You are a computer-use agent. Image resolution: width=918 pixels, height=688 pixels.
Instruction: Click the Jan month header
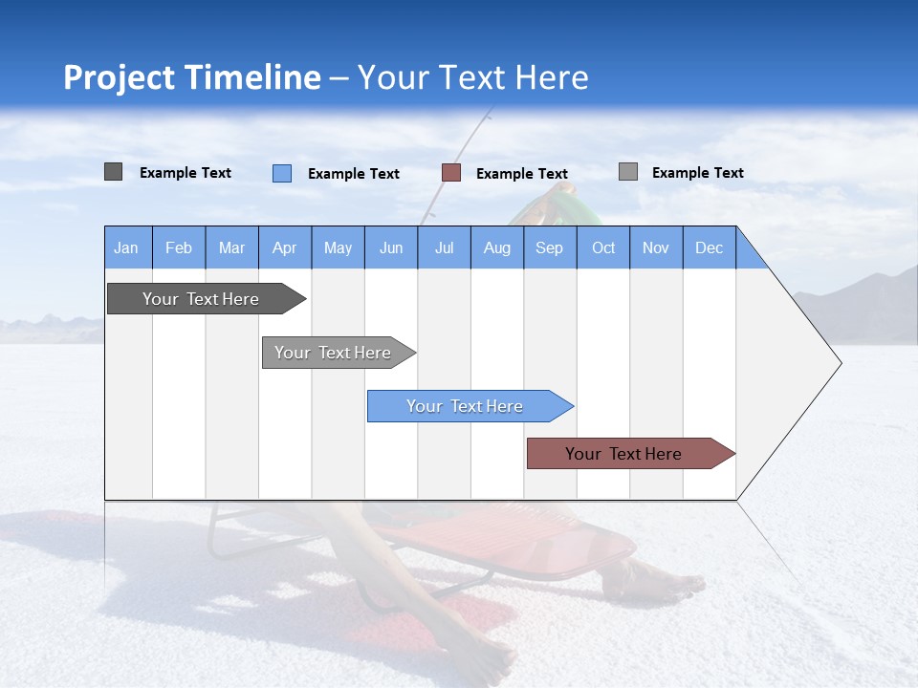[x=126, y=248]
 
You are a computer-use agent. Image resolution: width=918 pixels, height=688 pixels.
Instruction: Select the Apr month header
[x=285, y=248]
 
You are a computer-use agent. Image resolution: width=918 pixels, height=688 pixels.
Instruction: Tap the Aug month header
[x=496, y=248]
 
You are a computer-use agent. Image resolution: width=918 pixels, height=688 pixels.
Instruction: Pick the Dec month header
[x=709, y=248]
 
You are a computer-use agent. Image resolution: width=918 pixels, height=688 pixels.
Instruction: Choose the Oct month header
[x=603, y=248]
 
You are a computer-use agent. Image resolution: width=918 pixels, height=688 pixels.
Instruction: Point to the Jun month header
[x=391, y=248]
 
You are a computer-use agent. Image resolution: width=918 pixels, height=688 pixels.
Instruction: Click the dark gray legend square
[x=113, y=172]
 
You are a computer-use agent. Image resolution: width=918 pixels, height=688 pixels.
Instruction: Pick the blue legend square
[x=281, y=173]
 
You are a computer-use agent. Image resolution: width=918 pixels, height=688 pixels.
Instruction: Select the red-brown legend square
[x=451, y=173]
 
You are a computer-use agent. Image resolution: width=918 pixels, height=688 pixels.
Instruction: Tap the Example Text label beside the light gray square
[x=697, y=173]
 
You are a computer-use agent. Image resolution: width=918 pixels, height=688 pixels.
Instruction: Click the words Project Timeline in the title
[x=191, y=77]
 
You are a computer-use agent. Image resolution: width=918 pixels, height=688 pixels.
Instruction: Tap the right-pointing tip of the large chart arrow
[x=838, y=363]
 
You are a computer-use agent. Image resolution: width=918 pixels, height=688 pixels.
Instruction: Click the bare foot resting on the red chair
[x=660, y=577]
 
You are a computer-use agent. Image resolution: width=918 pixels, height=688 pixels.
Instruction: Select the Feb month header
[x=179, y=248]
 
